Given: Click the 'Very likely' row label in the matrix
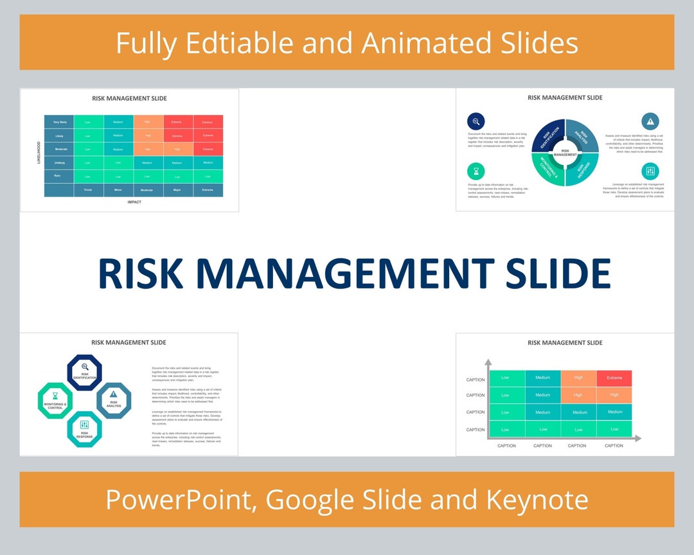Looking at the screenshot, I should tap(59, 122).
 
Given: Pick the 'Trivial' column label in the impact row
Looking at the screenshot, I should tap(88, 190).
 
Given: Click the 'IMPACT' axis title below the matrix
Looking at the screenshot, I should tap(134, 202).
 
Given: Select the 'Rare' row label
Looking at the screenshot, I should tap(58, 175).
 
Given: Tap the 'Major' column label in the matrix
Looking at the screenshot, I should tap(177, 190).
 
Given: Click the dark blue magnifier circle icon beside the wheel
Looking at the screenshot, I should tap(476, 121).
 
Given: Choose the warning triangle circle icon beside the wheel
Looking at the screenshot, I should tap(650, 121).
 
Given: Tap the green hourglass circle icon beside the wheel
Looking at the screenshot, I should tap(476, 172).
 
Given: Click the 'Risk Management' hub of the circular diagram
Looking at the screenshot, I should tap(565, 153).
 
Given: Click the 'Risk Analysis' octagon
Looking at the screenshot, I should tap(114, 400).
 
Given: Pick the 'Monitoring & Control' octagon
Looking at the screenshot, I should tap(55, 401).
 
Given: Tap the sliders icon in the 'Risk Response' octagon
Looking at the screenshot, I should tap(85, 425).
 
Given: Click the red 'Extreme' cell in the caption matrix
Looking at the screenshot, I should tap(614, 378).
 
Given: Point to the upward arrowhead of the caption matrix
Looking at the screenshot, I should tap(488, 363).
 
